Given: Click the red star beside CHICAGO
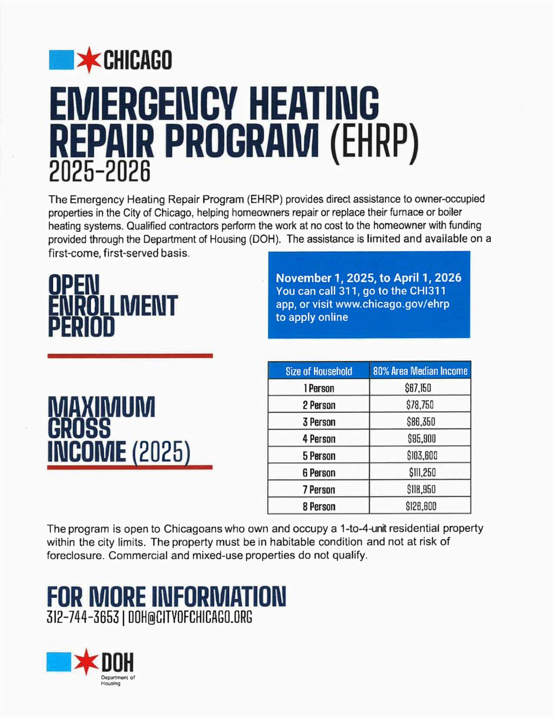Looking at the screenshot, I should pos(89,60).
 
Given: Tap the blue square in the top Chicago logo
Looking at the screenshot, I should pos(61,60).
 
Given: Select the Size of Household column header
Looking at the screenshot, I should pos(319,371).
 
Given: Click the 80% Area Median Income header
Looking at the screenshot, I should pos(420,371).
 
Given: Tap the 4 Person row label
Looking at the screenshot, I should pos(319,439).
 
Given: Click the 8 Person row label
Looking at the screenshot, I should pos(319,506).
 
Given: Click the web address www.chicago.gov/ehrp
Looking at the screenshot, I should pos(392,304).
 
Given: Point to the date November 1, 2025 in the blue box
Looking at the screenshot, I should pos(326,278).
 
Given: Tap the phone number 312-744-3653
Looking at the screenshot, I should pos(83,618).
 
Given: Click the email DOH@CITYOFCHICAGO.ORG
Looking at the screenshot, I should pos(190,618).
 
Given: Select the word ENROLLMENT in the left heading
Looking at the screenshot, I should pos(112,306).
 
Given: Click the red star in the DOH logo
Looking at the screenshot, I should pos(86,662).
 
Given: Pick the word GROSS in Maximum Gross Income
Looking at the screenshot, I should pos(79,429).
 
